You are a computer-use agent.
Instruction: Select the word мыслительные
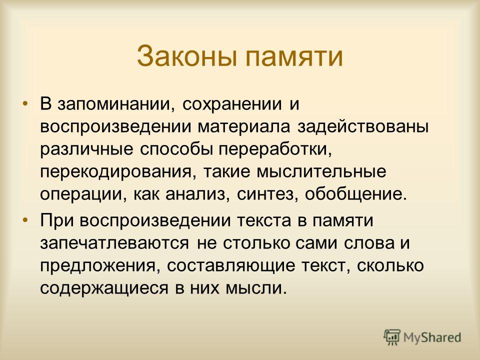click(x=321, y=171)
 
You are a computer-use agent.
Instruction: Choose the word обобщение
click(x=356, y=194)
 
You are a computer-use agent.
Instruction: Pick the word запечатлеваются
click(x=114, y=243)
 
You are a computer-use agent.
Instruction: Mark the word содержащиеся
click(x=104, y=288)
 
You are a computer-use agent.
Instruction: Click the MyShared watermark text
click(x=432, y=338)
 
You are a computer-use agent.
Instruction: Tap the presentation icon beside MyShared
click(x=392, y=337)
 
